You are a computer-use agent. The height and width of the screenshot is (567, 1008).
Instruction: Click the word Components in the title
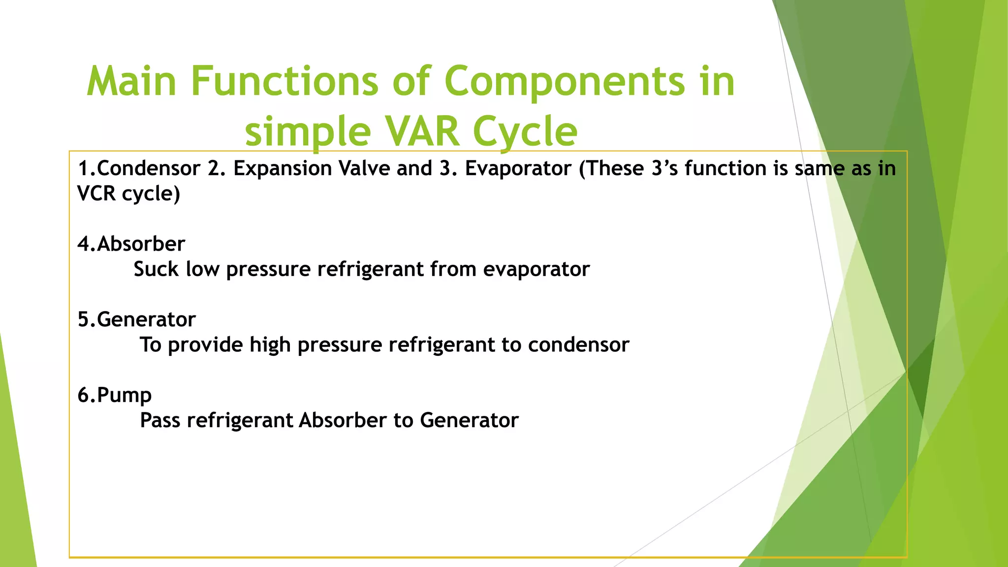(x=565, y=81)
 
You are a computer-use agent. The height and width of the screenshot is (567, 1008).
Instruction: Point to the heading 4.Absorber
(x=131, y=244)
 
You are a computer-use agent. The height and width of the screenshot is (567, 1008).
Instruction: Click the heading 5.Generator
(x=137, y=319)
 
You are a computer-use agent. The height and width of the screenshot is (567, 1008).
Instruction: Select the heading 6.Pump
(x=115, y=395)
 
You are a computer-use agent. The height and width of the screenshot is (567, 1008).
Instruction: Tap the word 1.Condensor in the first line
(x=139, y=168)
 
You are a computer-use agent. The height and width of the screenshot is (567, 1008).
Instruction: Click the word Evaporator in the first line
(x=518, y=168)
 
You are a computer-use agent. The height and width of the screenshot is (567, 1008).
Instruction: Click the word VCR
(x=96, y=193)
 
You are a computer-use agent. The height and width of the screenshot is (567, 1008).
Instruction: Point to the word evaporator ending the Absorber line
(x=536, y=269)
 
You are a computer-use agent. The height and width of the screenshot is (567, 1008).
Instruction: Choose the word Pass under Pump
(x=160, y=420)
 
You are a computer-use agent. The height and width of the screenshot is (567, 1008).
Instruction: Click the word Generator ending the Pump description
(x=469, y=420)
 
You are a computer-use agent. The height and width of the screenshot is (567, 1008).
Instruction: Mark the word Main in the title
(x=131, y=81)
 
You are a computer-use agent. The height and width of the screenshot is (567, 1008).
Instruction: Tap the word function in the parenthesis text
(x=725, y=168)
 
